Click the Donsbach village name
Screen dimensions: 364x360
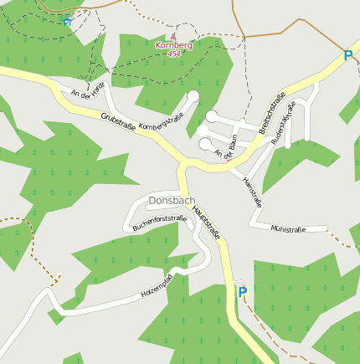click(172, 202)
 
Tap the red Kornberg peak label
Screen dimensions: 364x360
click(173, 44)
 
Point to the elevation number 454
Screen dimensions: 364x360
click(173, 54)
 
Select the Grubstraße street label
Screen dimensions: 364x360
click(119, 123)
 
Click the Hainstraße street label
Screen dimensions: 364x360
click(252, 191)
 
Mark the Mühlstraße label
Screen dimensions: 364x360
click(288, 228)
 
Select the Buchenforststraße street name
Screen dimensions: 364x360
click(159, 222)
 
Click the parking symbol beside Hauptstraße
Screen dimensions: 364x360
click(243, 292)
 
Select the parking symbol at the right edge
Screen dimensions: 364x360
click(348, 56)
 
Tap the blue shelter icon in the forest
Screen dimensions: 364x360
click(66, 23)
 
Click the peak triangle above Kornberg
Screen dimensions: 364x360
click(174, 37)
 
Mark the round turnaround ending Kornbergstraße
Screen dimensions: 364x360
click(193, 97)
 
